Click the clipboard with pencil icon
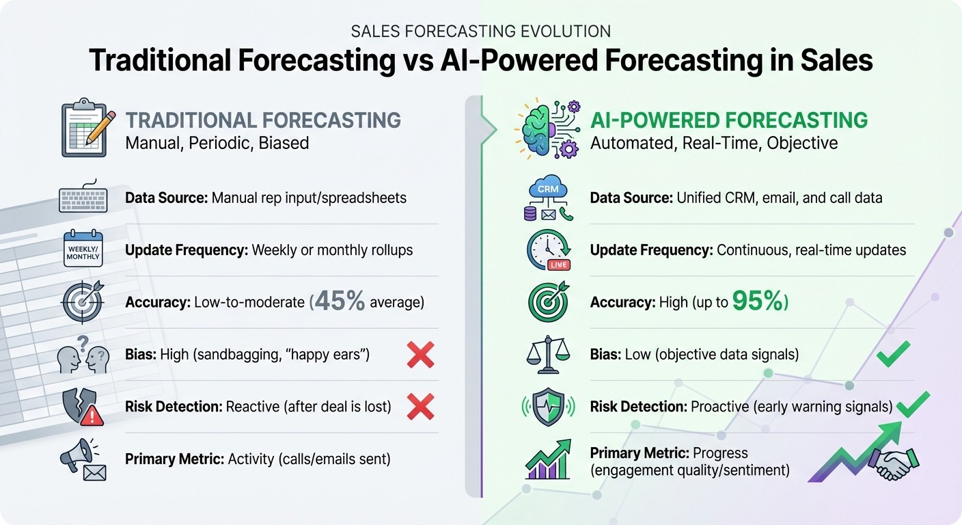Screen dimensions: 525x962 [83, 129]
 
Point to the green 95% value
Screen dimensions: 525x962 [759, 301]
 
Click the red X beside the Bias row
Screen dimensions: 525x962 [420, 355]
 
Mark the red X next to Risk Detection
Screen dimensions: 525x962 [420, 407]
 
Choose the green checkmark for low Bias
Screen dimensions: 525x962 [893, 354]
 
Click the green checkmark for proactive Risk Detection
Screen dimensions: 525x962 [913, 405]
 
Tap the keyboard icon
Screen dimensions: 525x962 [83, 198]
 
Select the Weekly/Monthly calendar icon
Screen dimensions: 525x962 [83, 250]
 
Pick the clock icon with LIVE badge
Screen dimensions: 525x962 [548, 250]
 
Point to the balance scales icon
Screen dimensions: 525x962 [549, 355]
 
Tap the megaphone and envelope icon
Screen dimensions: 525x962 [83, 459]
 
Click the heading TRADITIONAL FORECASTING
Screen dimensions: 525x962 [263, 120]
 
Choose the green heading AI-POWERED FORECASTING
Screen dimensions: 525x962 [728, 120]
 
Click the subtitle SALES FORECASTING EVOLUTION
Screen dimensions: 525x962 [480, 31]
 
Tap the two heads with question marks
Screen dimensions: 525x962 [83, 355]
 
